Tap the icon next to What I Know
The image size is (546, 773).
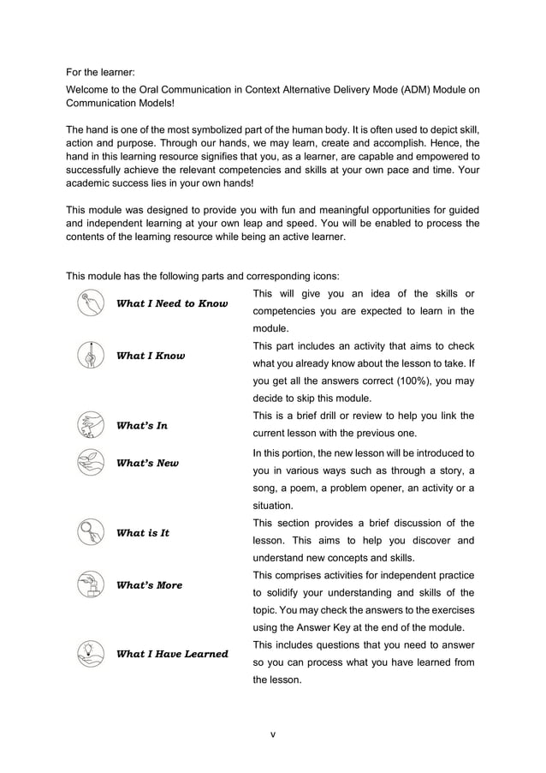pyautogui.click(x=90, y=356)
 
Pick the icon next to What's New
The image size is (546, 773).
pyautogui.click(x=90, y=463)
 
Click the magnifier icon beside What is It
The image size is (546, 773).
pyautogui.click(x=90, y=532)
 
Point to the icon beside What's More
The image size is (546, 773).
pyautogui.click(x=90, y=584)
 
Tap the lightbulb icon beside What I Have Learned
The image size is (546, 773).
pyautogui.click(x=90, y=653)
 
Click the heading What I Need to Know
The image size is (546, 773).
pyautogui.click(x=171, y=303)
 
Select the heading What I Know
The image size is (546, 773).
pyautogui.click(x=150, y=356)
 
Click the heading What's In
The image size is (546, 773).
pyautogui.click(x=142, y=425)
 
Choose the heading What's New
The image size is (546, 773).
pyautogui.click(x=147, y=463)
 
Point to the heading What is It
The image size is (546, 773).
pyautogui.click(x=142, y=532)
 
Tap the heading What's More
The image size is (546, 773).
pyautogui.click(x=149, y=584)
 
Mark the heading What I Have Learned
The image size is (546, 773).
pyautogui.click(x=172, y=654)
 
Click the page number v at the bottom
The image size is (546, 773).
pyautogui.click(x=272, y=734)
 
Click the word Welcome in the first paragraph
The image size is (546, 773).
pyautogui.click(x=90, y=87)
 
